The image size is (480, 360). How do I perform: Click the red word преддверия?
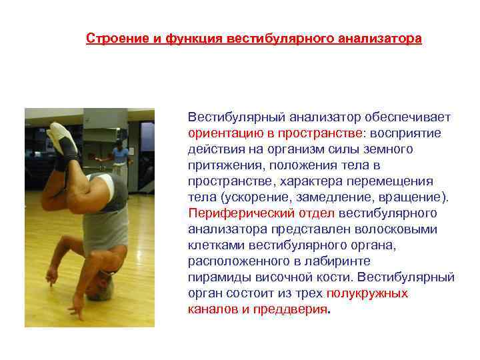pyautogui.click(x=293, y=309)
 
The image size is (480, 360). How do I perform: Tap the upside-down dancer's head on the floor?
pyautogui.click(x=104, y=280)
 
